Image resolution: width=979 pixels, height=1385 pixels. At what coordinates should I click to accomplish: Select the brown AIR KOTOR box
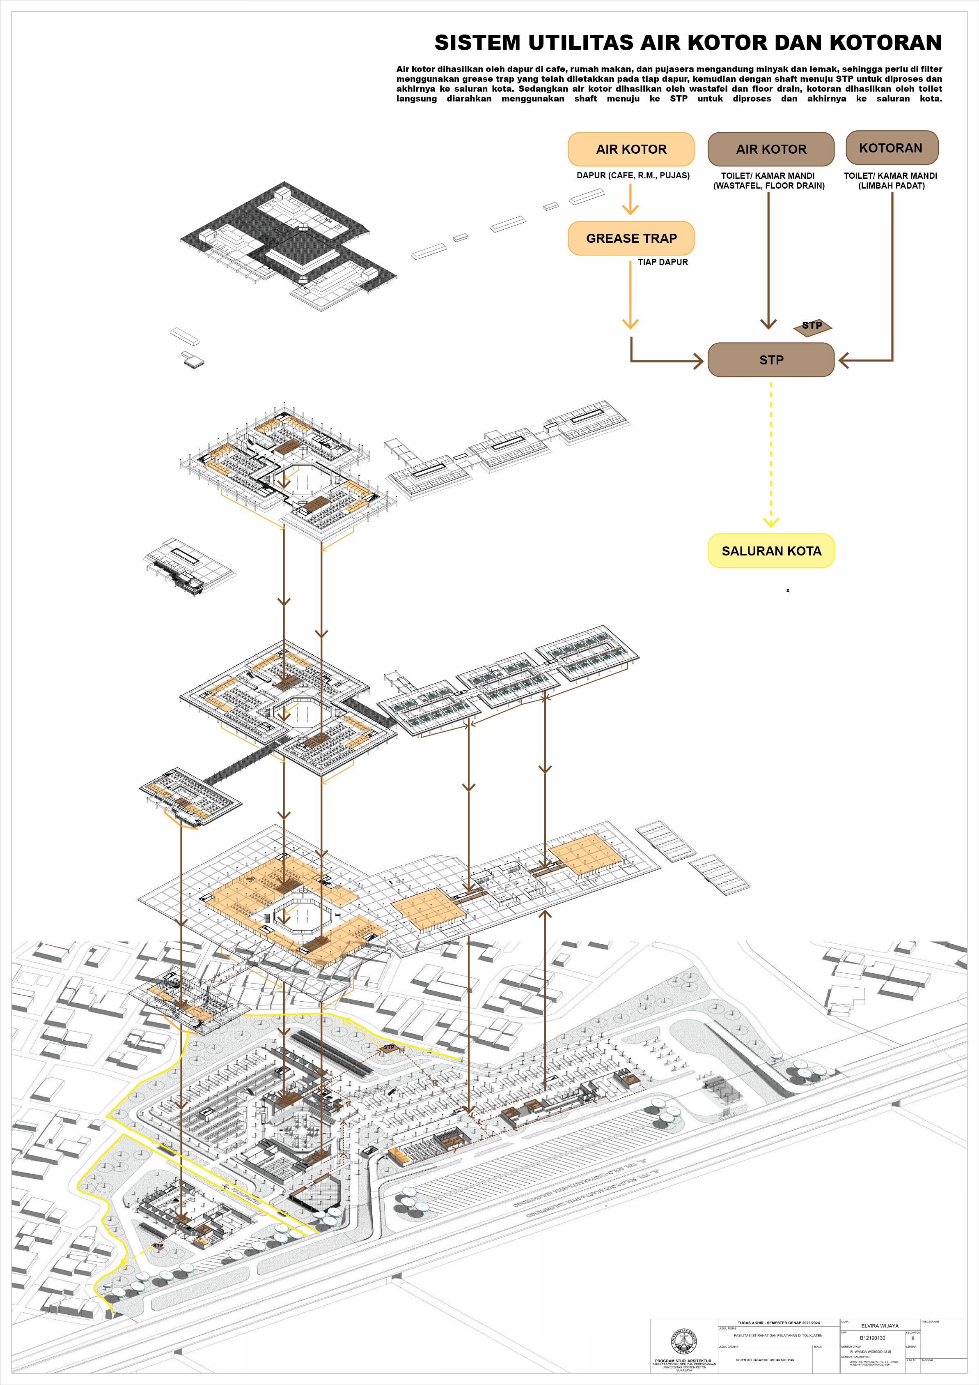click(770, 149)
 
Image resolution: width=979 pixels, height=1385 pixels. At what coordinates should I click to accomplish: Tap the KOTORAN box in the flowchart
click(892, 148)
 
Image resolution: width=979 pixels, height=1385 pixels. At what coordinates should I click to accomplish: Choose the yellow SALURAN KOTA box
click(770, 551)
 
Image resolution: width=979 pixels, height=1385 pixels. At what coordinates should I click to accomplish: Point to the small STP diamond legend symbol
click(812, 326)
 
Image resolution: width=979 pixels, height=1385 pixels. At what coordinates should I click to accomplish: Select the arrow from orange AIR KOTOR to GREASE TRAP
click(631, 199)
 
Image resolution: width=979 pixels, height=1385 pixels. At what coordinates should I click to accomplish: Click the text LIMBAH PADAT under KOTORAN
click(891, 186)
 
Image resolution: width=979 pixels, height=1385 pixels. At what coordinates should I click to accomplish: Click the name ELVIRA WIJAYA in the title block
click(880, 1326)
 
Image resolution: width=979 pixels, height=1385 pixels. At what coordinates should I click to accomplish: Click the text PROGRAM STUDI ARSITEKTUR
click(683, 1361)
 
